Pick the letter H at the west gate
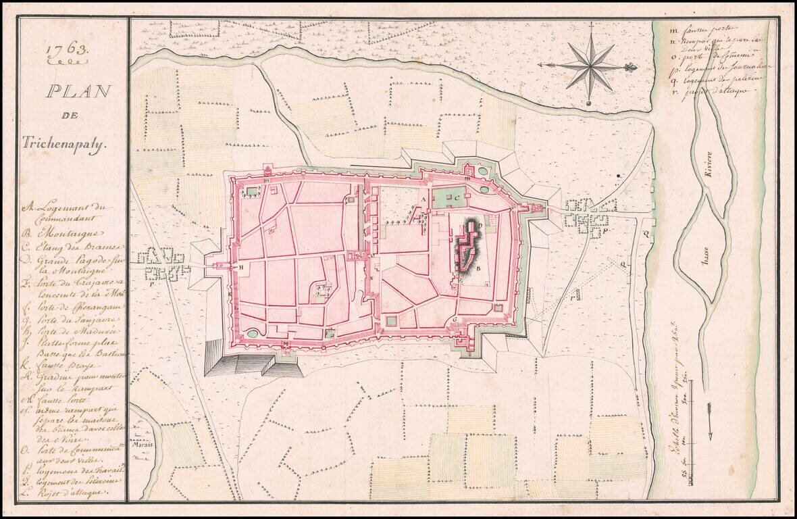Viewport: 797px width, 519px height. tap(240, 268)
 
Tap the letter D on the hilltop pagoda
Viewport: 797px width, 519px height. tap(479, 223)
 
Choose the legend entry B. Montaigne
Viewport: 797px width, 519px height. tap(54, 234)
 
